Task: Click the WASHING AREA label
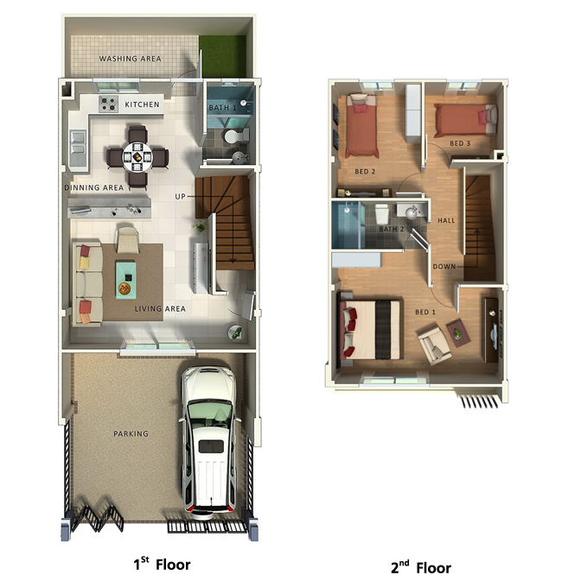(x=130, y=59)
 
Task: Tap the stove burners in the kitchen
(x=108, y=104)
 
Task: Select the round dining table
(x=137, y=157)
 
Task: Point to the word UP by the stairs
(x=180, y=196)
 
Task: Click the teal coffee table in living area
(x=125, y=280)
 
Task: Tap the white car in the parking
(x=208, y=442)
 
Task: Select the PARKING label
(x=131, y=433)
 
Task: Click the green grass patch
(x=222, y=54)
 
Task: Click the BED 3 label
(x=460, y=143)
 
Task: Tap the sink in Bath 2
(x=411, y=212)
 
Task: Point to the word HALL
(x=446, y=220)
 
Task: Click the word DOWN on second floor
(x=444, y=267)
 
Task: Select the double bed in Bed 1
(x=371, y=329)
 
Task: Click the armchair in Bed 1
(x=434, y=345)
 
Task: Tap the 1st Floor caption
(x=162, y=564)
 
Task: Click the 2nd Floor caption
(x=420, y=567)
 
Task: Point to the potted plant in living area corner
(x=235, y=332)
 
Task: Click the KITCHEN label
(x=142, y=104)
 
